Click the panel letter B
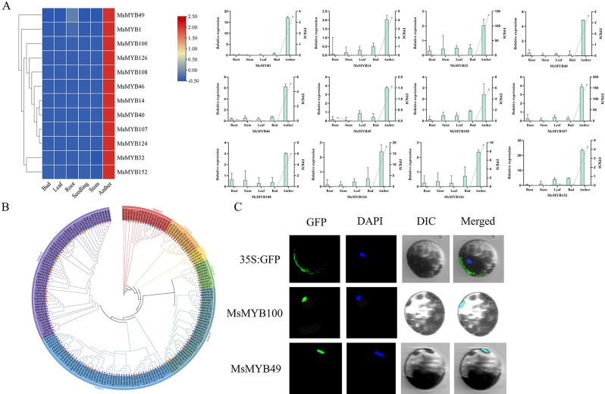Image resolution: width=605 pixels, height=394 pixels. coord(6,203)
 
